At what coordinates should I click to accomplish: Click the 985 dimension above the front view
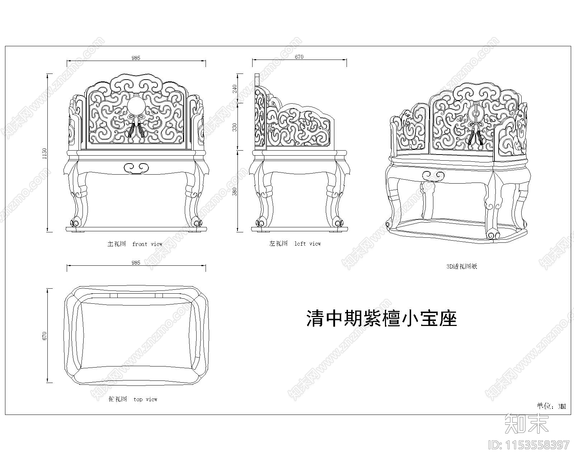[x=136, y=58]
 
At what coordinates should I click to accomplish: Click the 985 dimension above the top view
[x=136, y=262]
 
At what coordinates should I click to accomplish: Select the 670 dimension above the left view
[x=299, y=57]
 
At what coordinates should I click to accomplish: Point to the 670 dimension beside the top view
[x=44, y=336]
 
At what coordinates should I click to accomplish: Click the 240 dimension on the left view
[x=235, y=89]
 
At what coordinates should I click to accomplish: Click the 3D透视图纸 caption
[x=461, y=266]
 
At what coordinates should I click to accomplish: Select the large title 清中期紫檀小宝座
[x=382, y=318]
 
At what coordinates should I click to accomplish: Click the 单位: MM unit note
[x=551, y=406]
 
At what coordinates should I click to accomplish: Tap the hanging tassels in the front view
[x=136, y=130]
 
